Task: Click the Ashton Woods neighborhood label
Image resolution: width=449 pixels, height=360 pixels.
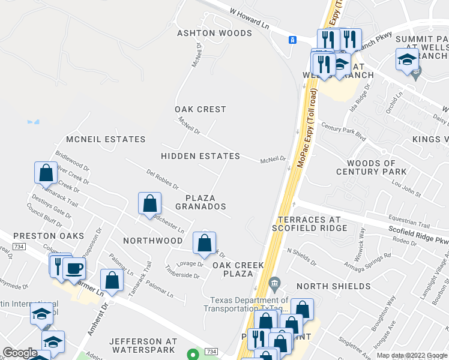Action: pyautogui.click(x=214, y=33)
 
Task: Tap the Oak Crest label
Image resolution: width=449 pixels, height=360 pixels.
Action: pyautogui.click(x=200, y=109)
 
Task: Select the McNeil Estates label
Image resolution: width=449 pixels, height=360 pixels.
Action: pyautogui.click(x=106, y=139)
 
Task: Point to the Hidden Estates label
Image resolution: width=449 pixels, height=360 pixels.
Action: pyautogui.click(x=200, y=156)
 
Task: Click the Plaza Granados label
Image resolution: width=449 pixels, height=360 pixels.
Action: pyautogui.click(x=200, y=202)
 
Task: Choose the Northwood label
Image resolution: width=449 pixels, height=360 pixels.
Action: pyautogui.click(x=152, y=241)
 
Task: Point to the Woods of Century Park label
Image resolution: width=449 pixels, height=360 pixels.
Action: pyautogui.click(x=372, y=167)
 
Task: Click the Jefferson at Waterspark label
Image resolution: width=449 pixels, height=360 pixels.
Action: pyautogui.click(x=143, y=345)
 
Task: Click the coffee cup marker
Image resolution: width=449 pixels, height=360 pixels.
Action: pyautogui.click(x=74, y=268)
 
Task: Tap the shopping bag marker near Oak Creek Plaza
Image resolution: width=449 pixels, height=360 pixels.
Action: pyautogui.click(x=205, y=243)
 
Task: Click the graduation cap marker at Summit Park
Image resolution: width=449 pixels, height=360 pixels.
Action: pyautogui.click(x=407, y=60)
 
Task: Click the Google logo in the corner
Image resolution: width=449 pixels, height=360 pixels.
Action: pyautogui.click(x=20, y=353)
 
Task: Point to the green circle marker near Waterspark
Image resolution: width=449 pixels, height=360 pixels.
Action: pyautogui.click(x=192, y=354)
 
